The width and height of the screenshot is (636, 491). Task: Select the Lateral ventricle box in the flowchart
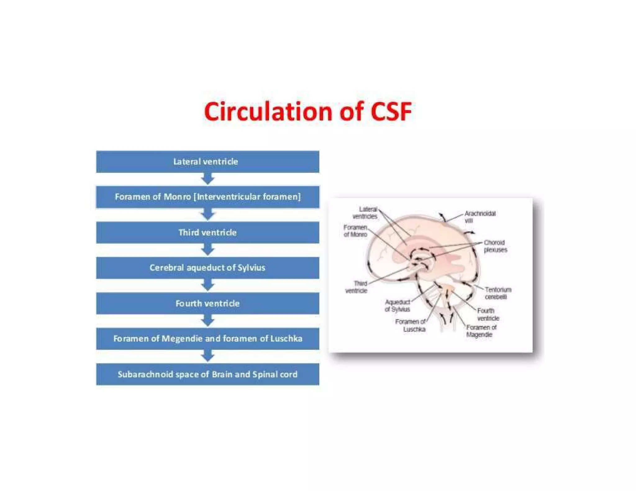[x=207, y=162]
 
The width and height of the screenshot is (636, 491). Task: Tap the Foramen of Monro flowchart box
[x=207, y=197]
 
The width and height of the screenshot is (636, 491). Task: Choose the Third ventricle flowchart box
[x=207, y=232]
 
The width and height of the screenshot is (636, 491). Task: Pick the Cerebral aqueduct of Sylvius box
[x=207, y=268]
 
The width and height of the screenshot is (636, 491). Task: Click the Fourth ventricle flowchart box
[x=207, y=303]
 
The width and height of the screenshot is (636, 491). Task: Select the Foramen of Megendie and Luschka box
[x=207, y=339]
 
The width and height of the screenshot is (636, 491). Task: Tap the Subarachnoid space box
[x=207, y=374]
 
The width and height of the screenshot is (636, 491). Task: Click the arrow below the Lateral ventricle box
[x=207, y=179]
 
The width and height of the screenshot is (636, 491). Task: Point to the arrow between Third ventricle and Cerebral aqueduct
[x=207, y=250]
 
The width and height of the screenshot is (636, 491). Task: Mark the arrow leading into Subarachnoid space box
[x=207, y=356]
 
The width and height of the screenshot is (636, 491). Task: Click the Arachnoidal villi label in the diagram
[x=479, y=217]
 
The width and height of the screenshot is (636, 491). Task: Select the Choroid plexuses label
[x=495, y=246]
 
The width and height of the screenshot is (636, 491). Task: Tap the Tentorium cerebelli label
[x=498, y=293]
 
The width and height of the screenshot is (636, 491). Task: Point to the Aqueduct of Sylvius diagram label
[x=397, y=306]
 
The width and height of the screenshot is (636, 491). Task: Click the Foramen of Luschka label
[x=410, y=326]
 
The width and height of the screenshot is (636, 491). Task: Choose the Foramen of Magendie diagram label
[x=481, y=331]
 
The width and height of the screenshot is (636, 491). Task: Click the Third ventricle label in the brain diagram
[x=357, y=287]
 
